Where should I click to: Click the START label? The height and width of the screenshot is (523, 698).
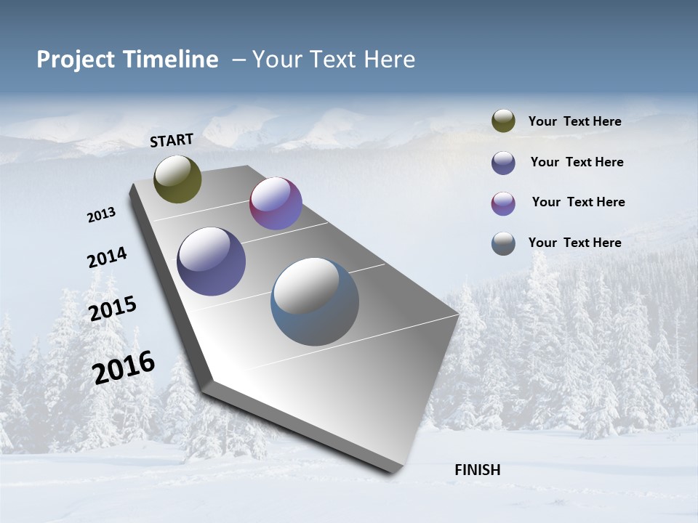[172, 140]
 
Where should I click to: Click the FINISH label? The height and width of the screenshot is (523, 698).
[477, 470]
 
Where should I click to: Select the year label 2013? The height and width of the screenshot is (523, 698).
[101, 215]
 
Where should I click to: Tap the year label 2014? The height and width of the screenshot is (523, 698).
[107, 257]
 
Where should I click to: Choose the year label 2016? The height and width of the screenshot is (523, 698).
[124, 368]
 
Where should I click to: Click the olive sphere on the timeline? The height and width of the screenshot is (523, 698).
[177, 179]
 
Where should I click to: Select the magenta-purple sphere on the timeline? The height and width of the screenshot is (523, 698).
[276, 203]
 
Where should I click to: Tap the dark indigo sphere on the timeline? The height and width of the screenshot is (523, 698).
[211, 261]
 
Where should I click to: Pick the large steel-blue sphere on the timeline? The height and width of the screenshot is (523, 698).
[315, 301]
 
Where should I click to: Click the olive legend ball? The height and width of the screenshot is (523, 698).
[503, 121]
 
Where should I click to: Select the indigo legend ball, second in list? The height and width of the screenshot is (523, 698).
[503, 163]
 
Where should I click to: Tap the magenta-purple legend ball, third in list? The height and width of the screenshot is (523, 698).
[503, 203]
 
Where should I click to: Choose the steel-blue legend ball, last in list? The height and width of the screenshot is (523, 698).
[503, 243]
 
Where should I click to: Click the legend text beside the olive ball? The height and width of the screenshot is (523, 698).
[574, 121]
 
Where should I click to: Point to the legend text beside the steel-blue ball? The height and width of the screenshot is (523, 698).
[574, 243]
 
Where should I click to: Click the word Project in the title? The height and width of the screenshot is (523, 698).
[73, 60]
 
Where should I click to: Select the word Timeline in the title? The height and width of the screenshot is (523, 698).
[171, 60]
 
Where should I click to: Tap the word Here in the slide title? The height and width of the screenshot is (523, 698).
[389, 60]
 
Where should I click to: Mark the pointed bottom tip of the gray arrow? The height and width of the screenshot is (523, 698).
[393, 472]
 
